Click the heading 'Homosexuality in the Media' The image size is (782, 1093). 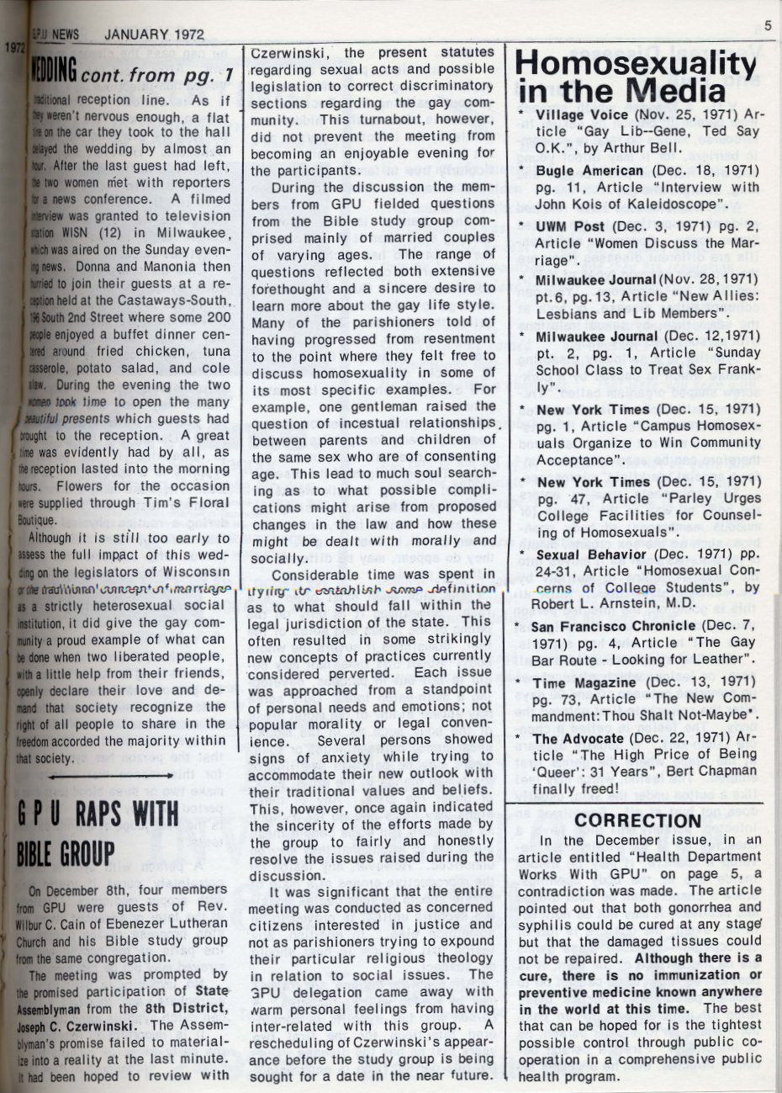(636, 77)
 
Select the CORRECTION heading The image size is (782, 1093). (637, 820)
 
